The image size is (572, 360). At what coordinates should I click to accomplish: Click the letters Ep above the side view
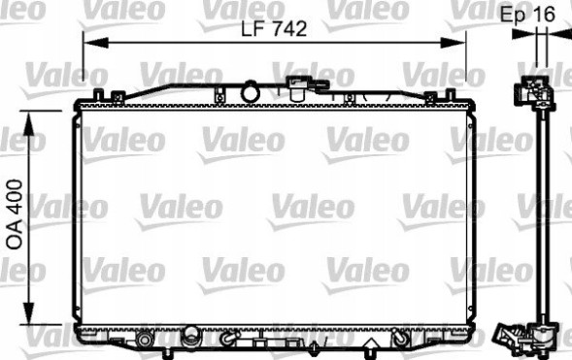[513, 14]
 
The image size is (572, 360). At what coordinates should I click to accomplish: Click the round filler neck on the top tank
[252, 92]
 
